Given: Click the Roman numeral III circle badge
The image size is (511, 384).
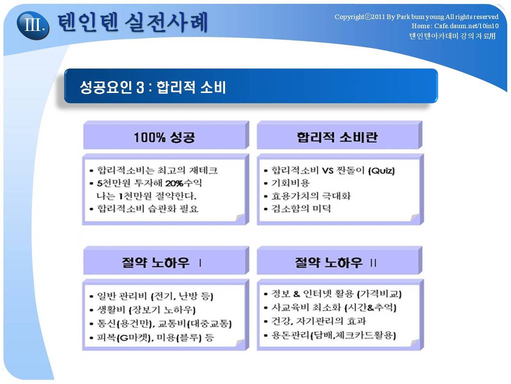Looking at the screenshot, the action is coord(33,25).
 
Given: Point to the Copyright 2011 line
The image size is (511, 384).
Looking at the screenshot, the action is coord(416,16).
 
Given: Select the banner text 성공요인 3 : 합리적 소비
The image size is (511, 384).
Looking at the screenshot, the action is coord(153,87).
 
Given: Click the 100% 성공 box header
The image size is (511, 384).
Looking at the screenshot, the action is coord(164,137).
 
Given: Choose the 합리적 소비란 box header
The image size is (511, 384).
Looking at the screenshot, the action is coord(337,137).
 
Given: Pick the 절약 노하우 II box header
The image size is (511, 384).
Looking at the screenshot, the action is coord(336,262).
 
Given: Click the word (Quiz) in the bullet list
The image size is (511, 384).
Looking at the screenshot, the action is coord(381,170).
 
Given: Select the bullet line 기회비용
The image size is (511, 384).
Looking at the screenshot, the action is coord(290,183).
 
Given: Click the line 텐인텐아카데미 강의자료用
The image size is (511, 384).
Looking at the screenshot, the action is coord(452,35).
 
